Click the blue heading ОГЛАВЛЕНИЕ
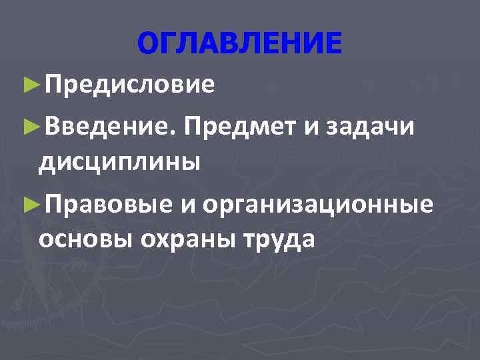(x=239, y=44)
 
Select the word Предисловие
(x=130, y=85)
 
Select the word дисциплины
(x=119, y=161)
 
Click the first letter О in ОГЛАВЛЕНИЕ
(x=147, y=44)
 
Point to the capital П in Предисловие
(x=55, y=85)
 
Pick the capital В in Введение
(x=54, y=123)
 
